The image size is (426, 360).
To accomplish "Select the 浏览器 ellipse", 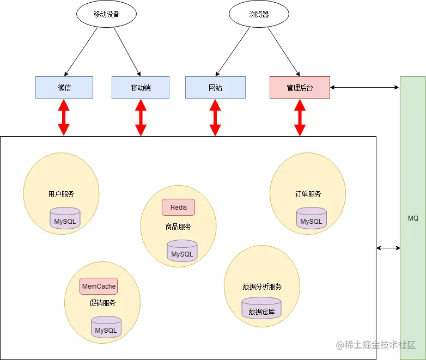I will pos(259,15).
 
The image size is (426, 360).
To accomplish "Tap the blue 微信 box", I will pos(64,88).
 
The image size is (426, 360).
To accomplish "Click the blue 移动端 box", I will pos(141,88).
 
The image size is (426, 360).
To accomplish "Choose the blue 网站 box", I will pos(215,88).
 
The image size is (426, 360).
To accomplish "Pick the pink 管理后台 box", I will pos(300,88).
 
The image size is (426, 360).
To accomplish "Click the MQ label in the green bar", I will pos(413,218).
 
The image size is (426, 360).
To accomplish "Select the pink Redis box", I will pos(178,208).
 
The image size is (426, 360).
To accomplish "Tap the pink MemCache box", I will pos(99,286).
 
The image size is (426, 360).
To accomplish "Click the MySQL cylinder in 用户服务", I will pos(65,219).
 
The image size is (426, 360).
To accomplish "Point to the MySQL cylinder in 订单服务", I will pos(311,219).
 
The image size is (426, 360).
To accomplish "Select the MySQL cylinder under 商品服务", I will pos(182,252).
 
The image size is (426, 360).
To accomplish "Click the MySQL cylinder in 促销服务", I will pos(106,328).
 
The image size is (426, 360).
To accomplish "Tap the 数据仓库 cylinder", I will pos(261,309).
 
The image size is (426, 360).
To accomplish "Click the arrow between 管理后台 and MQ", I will pos(364,87).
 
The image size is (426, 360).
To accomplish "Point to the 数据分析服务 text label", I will pos(262,287).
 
